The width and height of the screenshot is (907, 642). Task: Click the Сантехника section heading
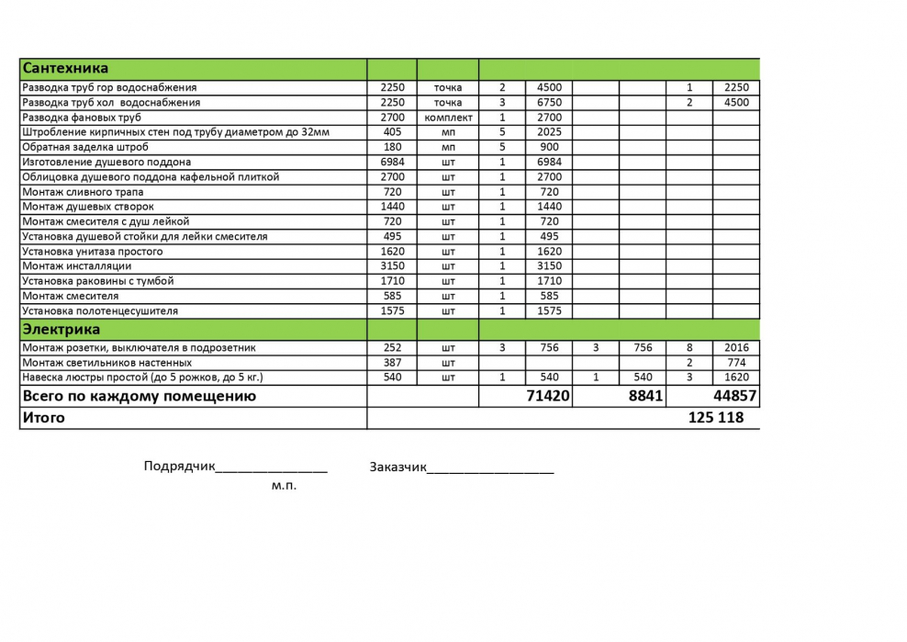pos(65,69)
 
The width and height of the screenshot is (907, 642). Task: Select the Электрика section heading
pos(62,330)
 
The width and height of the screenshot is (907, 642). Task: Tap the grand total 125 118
pos(715,418)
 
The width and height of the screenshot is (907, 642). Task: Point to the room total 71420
pos(548,397)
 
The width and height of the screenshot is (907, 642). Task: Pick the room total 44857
pos(735,397)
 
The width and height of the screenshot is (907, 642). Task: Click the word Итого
pos(44,418)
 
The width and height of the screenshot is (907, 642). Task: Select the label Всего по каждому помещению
pos(139,397)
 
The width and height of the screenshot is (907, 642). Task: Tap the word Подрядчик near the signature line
pos(179,466)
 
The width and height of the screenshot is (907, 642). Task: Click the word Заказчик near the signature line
pos(398,467)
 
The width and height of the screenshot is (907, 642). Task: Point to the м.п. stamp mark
pos(284,486)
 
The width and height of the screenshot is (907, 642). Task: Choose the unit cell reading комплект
pos(448,118)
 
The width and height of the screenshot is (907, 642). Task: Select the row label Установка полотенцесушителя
pos(100,311)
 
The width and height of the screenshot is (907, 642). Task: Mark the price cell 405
pos(392,132)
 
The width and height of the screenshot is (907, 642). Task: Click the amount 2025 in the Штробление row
pos(549,132)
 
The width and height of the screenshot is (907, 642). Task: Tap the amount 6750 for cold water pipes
pos(549,103)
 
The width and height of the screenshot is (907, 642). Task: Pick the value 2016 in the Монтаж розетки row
pos(736,348)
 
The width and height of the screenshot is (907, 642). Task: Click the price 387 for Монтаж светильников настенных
pos(392,363)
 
